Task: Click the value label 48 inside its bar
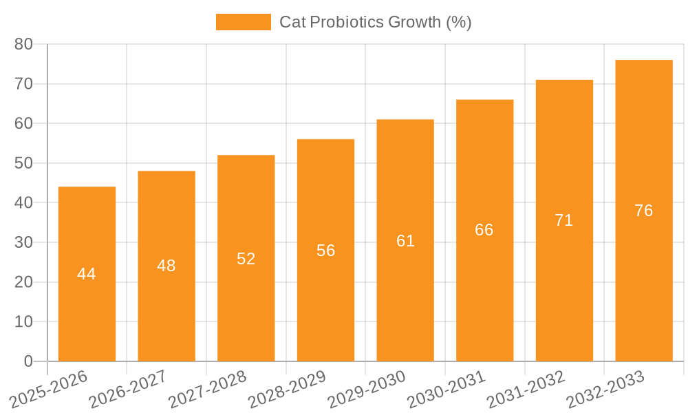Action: [x=166, y=266]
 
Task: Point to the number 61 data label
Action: [x=405, y=241]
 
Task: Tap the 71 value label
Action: [x=564, y=220]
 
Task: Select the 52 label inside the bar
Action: [x=246, y=259]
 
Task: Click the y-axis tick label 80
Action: [x=23, y=44]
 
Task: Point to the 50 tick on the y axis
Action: [x=23, y=163]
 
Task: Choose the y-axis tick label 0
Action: [x=28, y=361]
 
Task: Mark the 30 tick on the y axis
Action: [x=23, y=242]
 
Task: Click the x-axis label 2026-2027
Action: [x=127, y=390]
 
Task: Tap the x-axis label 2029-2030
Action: [x=366, y=390]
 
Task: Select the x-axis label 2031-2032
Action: [x=526, y=390]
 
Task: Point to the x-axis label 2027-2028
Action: [x=207, y=390]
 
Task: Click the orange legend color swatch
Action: [x=244, y=22]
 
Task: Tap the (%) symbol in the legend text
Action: [x=459, y=22]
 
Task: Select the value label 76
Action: [x=644, y=211]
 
